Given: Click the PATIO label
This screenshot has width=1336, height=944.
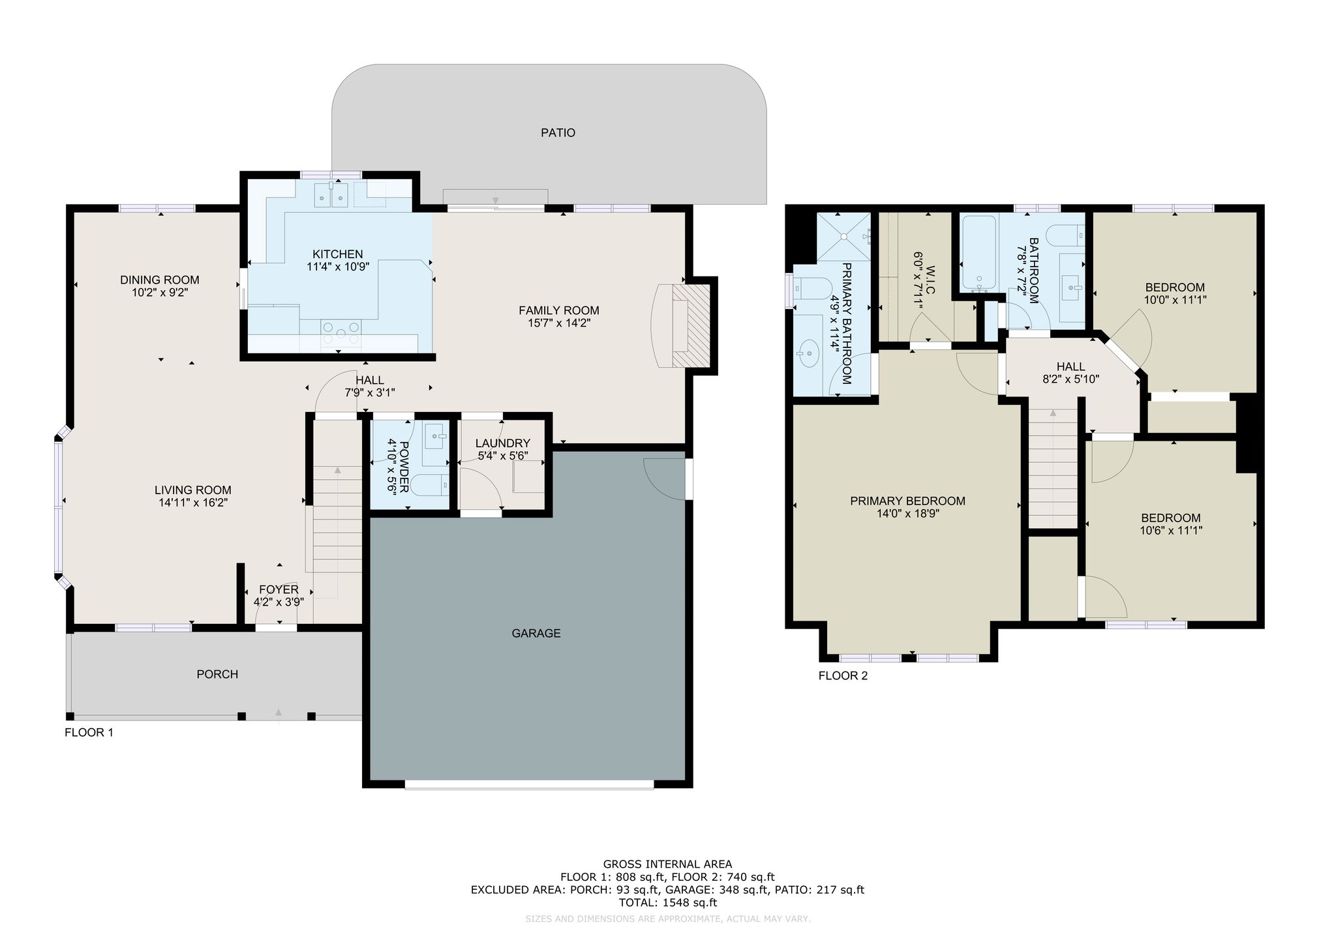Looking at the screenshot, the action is click(558, 133).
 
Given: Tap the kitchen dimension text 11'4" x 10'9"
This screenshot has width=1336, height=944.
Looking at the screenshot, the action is click(337, 267).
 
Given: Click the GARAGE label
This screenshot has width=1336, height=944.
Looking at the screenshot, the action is click(536, 633).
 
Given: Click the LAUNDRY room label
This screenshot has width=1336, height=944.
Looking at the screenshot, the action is click(502, 444).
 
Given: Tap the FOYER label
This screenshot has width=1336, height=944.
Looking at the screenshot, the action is click(279, 590).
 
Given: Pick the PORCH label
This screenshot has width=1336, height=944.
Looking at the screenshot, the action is click(217, 674).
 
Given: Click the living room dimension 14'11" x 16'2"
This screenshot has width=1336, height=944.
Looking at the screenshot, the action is click(192, 503).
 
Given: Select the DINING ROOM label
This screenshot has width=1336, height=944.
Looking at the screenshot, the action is click(160, 280).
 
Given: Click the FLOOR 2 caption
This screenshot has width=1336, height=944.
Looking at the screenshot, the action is click(843, 676).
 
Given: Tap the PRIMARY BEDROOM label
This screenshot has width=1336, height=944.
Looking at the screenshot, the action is click(907, 501).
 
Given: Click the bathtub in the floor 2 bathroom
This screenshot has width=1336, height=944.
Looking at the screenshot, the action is click(978, 252).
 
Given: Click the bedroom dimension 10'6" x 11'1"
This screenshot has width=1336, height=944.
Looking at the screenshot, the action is click(1172, 531).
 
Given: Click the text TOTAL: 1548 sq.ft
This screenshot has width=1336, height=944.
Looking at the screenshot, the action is click(667, 903).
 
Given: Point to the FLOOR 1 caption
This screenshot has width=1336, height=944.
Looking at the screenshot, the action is click(89, 733).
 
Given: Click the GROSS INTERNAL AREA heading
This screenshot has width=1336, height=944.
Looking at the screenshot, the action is click(667, 865).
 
